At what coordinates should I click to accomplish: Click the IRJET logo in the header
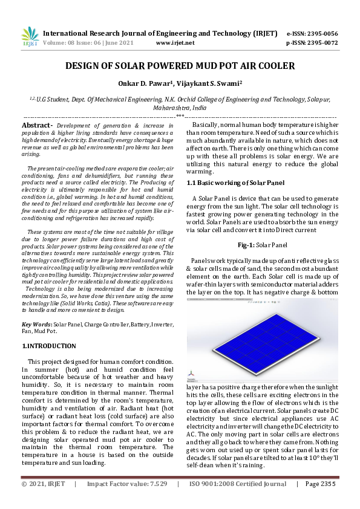click(30, 37)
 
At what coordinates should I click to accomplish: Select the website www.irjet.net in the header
click(175, 43)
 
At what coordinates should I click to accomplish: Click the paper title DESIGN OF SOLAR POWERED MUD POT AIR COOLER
click(180, 66)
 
